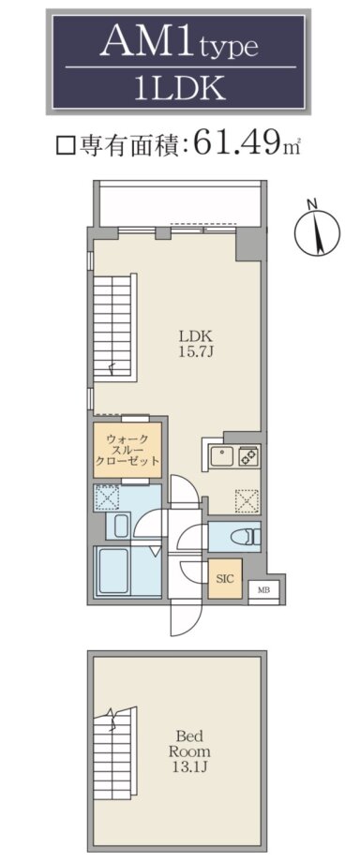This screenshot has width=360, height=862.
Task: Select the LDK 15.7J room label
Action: tap(195, 343)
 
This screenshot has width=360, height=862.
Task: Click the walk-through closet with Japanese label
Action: tap(127, 450)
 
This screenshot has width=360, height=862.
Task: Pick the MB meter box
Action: tap(263, 590)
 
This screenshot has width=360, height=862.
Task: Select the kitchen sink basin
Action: tap(222, 456)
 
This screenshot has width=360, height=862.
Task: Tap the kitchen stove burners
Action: tap(249, 456)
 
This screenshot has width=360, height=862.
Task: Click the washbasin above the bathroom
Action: tap(122, 526)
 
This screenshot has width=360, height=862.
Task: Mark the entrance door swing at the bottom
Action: tap(185, 619)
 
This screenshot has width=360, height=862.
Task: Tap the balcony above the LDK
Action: tap(181, 204)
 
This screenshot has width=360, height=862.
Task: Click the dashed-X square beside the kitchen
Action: tap(247, 500)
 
